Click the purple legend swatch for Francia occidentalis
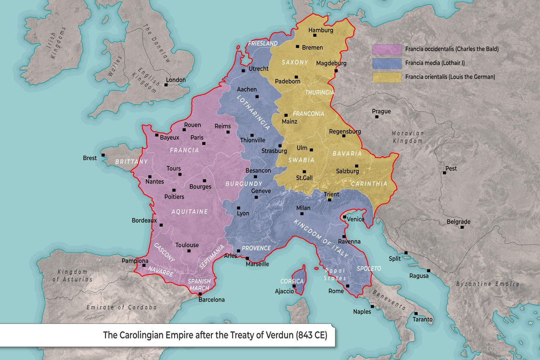tap(387, 49)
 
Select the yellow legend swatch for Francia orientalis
tap(387, 77)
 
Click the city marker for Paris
tap(204, 144)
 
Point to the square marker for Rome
tap(348, 286)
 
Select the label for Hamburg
tap(320, 30)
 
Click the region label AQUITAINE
tap(189, 211)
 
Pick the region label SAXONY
tap(295, 62)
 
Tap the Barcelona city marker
tap(200, 294)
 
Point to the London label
tap(176, 80)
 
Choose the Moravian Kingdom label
tap(408, 137)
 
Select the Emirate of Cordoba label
tap(121, 307)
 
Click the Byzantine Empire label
tap(488, 284)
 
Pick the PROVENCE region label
tap(256, 248)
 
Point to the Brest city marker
tap(103, 155)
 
